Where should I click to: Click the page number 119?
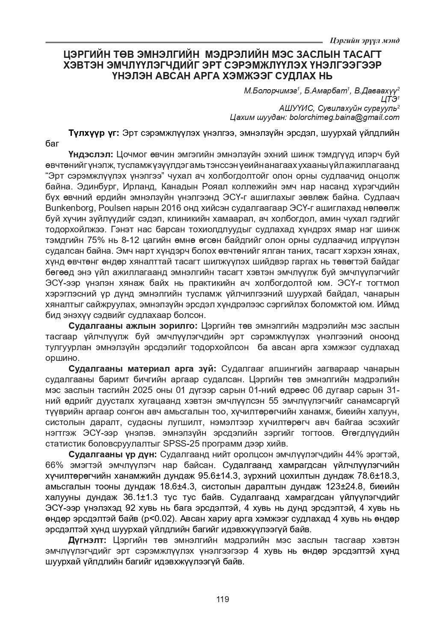222,599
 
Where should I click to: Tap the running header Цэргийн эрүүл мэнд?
365,41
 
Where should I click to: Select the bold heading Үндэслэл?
90,154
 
